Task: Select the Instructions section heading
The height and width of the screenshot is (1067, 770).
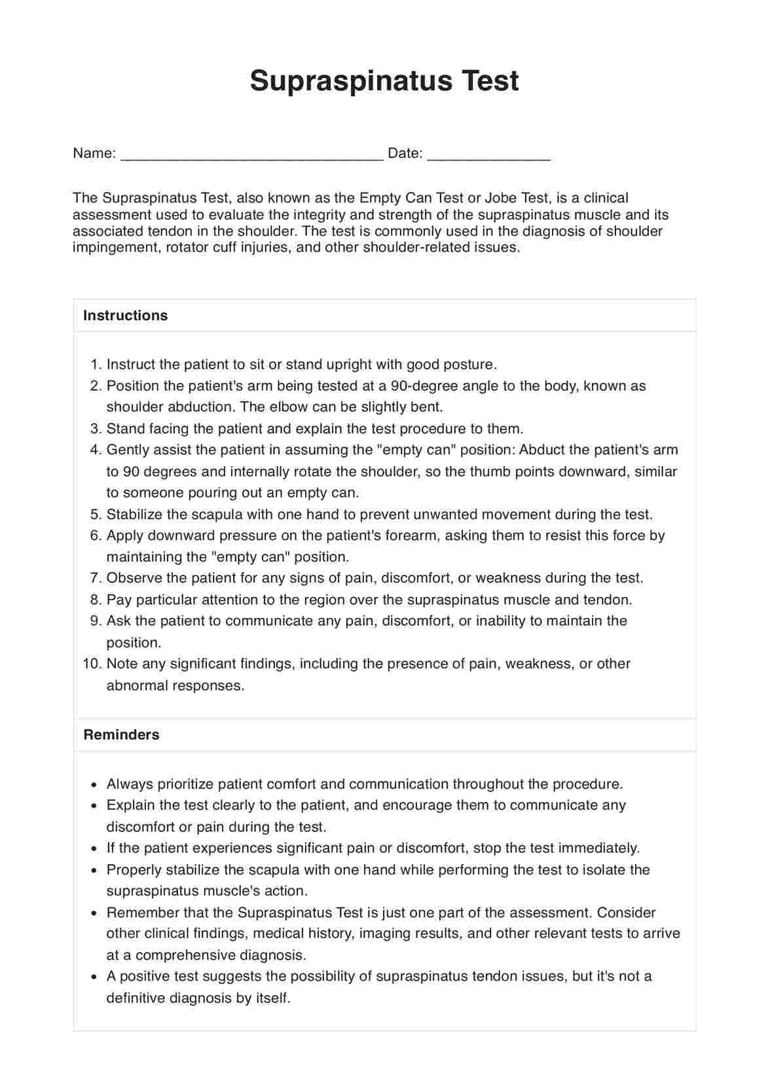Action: pyautogui.click(x=125, y=316)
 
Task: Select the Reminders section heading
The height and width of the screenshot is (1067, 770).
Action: pyautogui.click(x=121, y=734)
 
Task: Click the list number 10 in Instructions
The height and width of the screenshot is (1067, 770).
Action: pyautogui.click(x=92, y=664)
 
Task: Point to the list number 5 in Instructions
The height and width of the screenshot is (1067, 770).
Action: pyautogui.click(x=96, y=515)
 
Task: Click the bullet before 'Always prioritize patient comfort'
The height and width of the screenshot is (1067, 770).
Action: pyautogui.click(x=95, y=784)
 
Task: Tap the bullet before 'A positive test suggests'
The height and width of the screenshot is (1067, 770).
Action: pyautogui.click(x=95, y=977)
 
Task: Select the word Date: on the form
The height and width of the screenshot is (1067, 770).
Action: pyautogui.click(x=405, y=153)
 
